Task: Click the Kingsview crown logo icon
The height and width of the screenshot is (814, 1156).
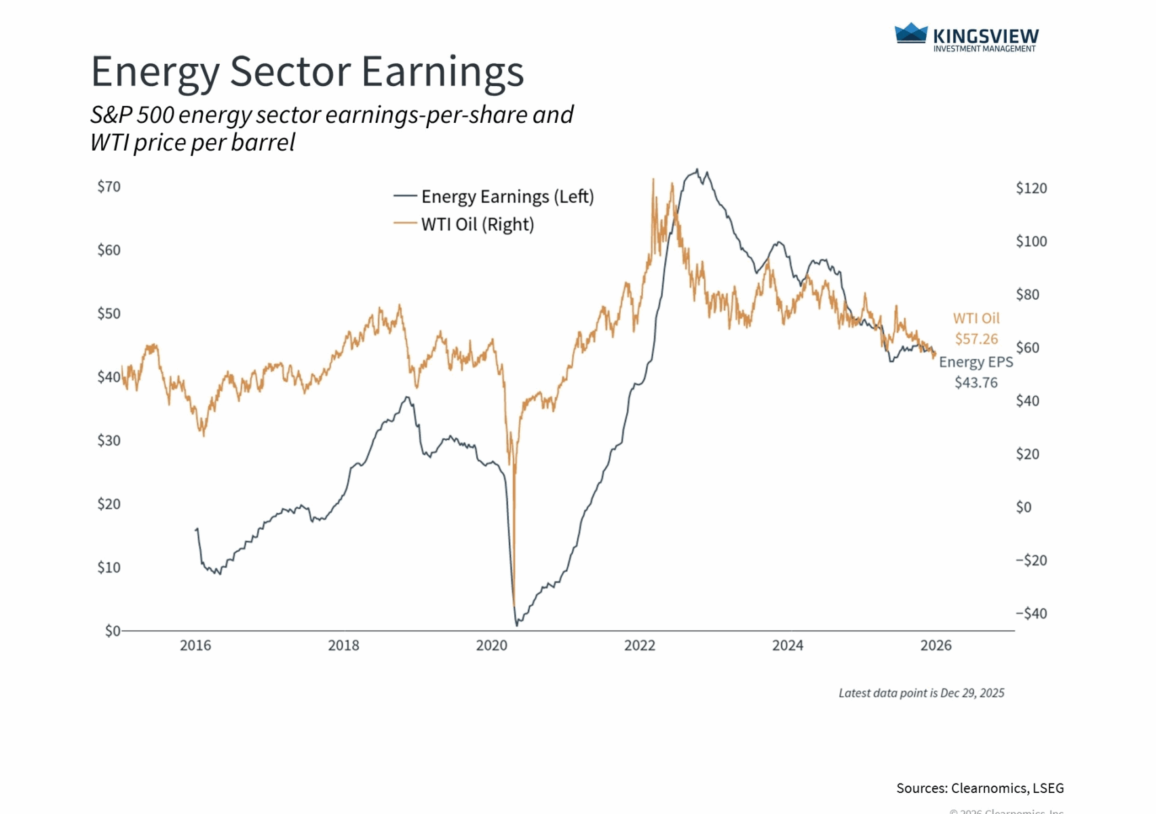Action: (x=911, y=33)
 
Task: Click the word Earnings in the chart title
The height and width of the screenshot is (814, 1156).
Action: (x=443, y=71)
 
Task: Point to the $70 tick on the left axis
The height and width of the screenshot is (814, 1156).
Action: (x=109, y=187)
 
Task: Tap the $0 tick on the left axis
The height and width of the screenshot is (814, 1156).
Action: (x=113, y=631)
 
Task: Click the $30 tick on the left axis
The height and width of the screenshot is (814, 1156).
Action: (x=109, y=440)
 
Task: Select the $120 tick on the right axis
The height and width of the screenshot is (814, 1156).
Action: (x=1031, y=188)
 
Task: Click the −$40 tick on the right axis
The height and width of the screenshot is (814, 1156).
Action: (x=1031, y=613)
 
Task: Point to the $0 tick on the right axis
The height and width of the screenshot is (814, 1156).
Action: (x=1024, y=507)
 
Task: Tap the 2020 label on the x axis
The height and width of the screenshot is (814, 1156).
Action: (x=492, y=645)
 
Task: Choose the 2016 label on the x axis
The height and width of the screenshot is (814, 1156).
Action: (x=195, y=645)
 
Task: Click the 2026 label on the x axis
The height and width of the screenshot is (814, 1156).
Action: (x=936, y=645)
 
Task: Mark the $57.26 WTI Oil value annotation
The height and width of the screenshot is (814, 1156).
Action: (x=976, y=339)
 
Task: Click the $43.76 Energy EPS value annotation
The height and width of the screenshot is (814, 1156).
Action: (x=976, y=383)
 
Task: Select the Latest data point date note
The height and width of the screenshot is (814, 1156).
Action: (x=921, y=693)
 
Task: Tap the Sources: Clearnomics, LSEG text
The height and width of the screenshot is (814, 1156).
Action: (x=980, y=788)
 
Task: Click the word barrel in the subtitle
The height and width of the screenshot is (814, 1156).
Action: (x=263, y=142)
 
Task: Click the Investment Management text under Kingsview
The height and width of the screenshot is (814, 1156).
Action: (x=984, y=49)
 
